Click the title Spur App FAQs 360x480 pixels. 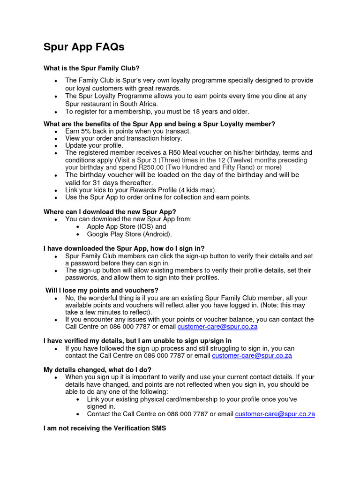(x=84, y=47)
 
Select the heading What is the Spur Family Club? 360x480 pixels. (x=91, y=68)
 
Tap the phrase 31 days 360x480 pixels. (x=99, y=183)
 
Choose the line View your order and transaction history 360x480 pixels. (x=124, y=138)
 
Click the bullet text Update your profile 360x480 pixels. (x=94, y=146)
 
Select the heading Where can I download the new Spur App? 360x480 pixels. (x=110, y=212)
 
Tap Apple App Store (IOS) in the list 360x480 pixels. (x=127, y=226)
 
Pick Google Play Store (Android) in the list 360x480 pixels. (x=129, y=234)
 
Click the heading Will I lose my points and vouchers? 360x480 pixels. (x=102, y=291)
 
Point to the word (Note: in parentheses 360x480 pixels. (x=269, y=305)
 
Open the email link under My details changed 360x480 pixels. (x=275, y=414)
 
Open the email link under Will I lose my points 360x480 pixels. (x=217, y=327)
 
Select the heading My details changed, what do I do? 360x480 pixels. (x=97, y=370)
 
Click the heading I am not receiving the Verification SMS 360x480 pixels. (x=105, y=428)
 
